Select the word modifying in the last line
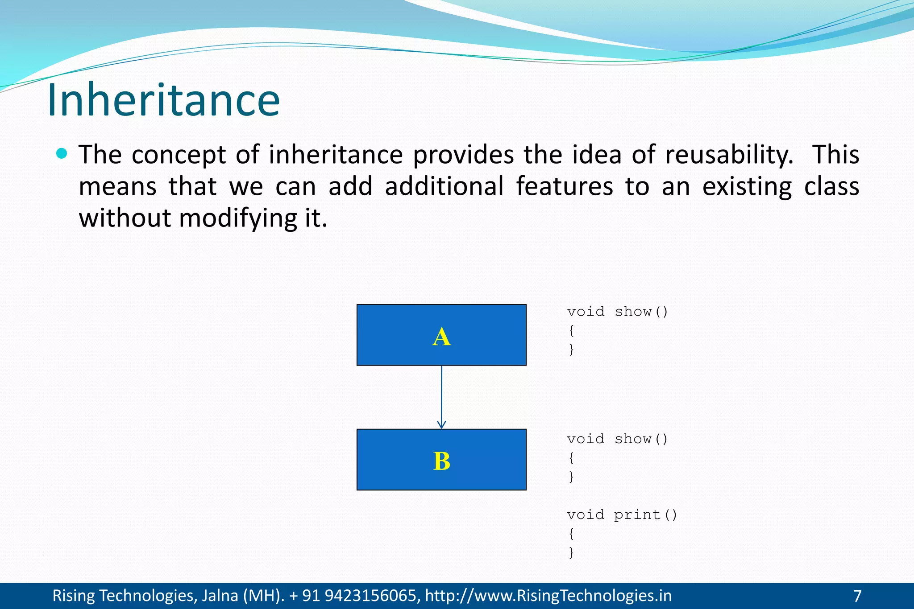point(238,219)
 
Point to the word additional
point(444,186)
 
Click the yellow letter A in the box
point(441,337)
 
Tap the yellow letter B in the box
point(441,461)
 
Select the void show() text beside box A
point(617,312)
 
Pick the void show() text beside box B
point(617,439)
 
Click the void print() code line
point(622,515)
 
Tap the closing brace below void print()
point(571,553)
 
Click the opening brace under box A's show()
point(571,331)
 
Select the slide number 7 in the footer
point(857,596)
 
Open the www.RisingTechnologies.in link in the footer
point(548,596)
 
